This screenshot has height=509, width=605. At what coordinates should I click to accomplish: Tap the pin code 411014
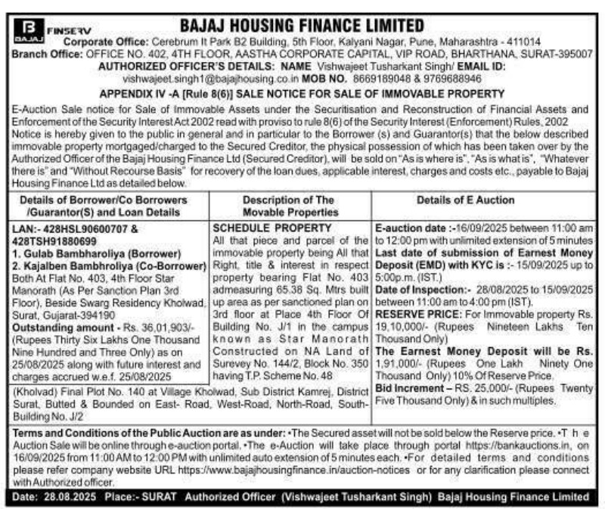pyautogui.click(x=520, y=42)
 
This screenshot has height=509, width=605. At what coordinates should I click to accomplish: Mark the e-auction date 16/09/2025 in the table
pyautogui.click(x=473, y=227)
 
